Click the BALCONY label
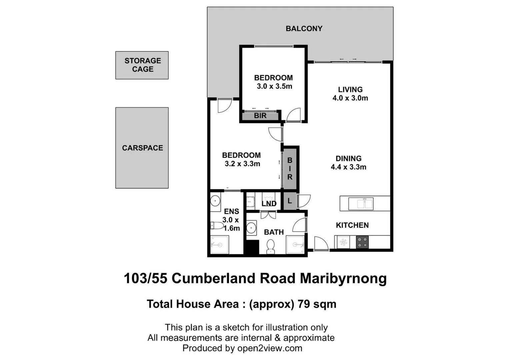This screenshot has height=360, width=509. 304,29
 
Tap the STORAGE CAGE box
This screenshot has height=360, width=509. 142,65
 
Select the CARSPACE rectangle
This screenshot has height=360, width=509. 142,148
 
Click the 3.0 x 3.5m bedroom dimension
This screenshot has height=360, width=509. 274,87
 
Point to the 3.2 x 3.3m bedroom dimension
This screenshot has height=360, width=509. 242,164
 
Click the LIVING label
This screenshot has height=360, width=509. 350,90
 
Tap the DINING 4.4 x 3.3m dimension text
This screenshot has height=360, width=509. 348,167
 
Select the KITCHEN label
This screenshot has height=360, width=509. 352,225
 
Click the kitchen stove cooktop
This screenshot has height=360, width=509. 362,242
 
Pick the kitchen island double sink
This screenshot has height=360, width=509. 361,204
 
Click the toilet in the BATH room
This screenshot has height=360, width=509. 270,246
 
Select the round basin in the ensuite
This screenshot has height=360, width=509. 215,201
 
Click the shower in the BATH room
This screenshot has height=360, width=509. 295,245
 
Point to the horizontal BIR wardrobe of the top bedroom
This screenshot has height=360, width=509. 260,116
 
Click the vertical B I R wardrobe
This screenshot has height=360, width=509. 290,169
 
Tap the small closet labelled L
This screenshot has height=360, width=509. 289,201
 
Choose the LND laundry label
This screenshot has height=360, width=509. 269,203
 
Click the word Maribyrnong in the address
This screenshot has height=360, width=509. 343,279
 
